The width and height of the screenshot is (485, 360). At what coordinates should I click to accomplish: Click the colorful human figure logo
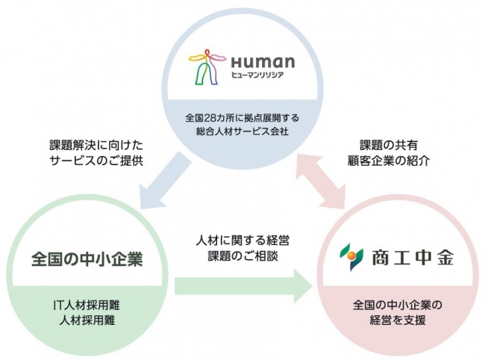pos(207,67)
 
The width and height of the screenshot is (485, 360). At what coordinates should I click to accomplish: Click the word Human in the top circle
pos(263,62)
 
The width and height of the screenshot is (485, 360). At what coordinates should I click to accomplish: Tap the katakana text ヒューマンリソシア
pos(257,75)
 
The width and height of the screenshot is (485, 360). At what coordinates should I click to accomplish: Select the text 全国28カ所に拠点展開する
pos(242,118)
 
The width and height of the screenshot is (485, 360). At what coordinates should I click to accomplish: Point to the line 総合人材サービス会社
pos(242,131)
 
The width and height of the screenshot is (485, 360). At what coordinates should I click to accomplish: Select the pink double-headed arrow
pos(320,181)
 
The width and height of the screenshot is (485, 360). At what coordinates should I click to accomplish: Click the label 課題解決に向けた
pos(96,145)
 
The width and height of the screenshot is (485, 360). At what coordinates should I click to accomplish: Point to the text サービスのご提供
pos(96,161)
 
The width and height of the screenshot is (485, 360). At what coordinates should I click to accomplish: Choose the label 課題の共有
pos(389,145)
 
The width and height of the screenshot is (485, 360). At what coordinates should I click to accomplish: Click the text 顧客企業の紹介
pos(389,161)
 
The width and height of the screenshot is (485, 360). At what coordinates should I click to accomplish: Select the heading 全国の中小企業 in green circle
pos(87,258)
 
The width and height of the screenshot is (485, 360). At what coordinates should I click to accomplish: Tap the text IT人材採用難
pos(87,305)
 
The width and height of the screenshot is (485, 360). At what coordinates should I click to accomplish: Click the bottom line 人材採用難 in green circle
pos(87,320)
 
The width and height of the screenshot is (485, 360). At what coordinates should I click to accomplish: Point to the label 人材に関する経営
pos(242,240)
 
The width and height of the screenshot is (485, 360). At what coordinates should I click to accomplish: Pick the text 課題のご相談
pos(242,256)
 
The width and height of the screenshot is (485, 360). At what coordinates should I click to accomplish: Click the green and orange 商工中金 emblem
pos(351,257)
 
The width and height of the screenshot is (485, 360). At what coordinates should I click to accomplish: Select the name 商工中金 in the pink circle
pos(413,258)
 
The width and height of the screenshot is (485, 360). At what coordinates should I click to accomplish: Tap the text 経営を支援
pos(398,320)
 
